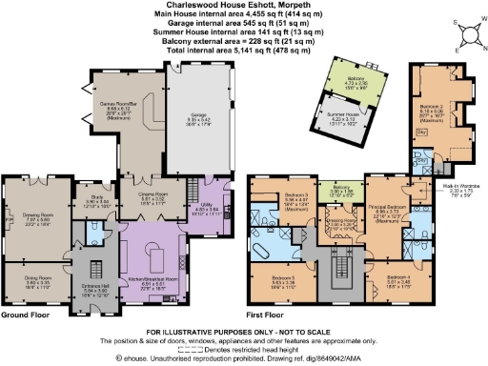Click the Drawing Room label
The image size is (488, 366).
tap(37, 215)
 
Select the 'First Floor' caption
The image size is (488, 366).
tap(267, 314)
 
